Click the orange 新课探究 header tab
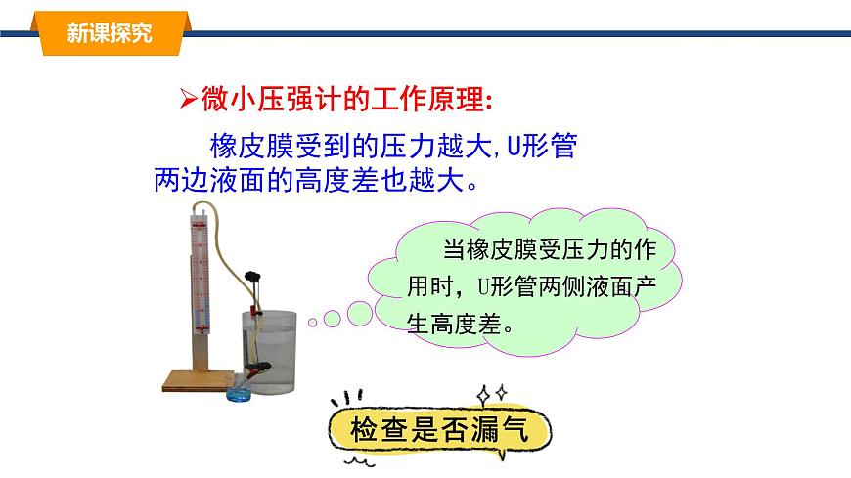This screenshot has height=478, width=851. (x=109, y=33)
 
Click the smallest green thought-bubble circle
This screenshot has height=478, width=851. (x=312, y=320)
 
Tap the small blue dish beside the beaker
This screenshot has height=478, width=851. (x=239, y=394)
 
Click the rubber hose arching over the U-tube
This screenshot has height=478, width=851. (x=220, y=213)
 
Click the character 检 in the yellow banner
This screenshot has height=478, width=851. (x=355, y=430)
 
